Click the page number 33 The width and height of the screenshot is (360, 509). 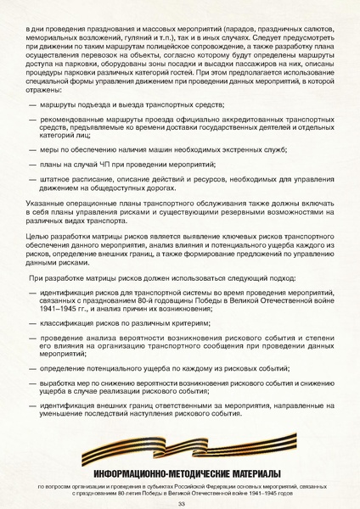(x=181, y=502)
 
